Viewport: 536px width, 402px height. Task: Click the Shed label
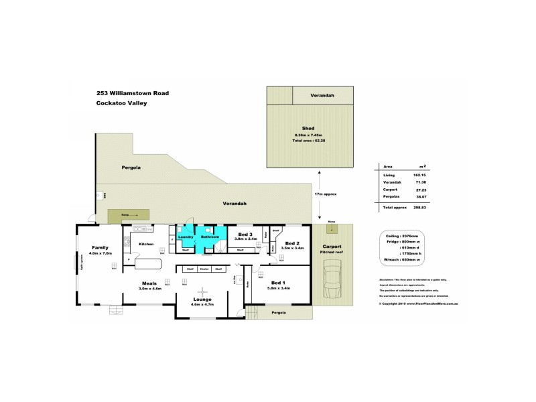click(309, 129)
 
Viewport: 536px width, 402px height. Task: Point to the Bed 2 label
click(291, 243)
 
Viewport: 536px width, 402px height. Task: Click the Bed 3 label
click(245, 233)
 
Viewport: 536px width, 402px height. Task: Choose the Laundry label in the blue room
click(185, 237)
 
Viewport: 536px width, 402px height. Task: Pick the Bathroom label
click(210, 237)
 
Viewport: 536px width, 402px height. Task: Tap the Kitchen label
click(146, 244)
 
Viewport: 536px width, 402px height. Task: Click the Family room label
click(100, 247)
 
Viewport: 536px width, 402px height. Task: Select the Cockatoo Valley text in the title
click(121, 103)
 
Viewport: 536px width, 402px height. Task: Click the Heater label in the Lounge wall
click(204, 269)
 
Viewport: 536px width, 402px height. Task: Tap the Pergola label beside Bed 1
click(279, 313)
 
